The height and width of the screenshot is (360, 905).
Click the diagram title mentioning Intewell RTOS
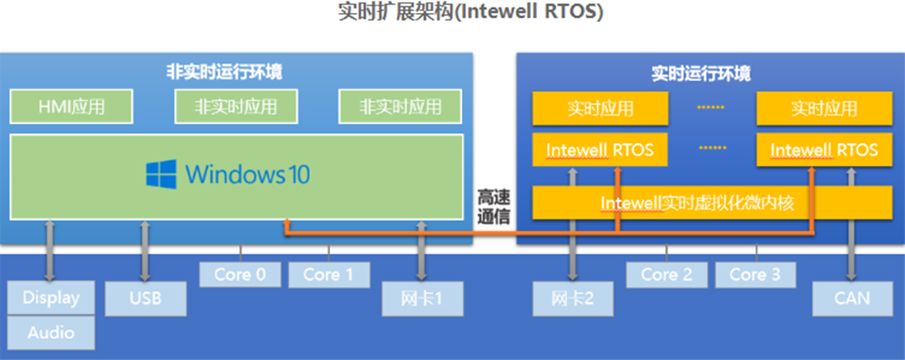[470, 12]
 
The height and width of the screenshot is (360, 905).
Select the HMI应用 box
[71, 107]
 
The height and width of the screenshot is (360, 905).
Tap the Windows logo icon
[161, 175]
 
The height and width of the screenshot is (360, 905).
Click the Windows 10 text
[248, 175]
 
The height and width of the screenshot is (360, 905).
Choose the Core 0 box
[240, 275]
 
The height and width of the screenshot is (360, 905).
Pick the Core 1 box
[328, 275]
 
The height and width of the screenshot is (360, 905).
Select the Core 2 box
[666, 275]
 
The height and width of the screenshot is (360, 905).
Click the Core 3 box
[755, 275]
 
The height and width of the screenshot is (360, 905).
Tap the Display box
[51, 298]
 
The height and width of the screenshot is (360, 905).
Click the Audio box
[51, 333]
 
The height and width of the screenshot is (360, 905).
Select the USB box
[145, 299]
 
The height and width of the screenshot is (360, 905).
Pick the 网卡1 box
[422, 299]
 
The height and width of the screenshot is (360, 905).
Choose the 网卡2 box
[573, 299]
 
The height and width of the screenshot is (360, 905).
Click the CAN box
[852, 299]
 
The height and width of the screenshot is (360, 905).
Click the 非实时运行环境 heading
[224, 71]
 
